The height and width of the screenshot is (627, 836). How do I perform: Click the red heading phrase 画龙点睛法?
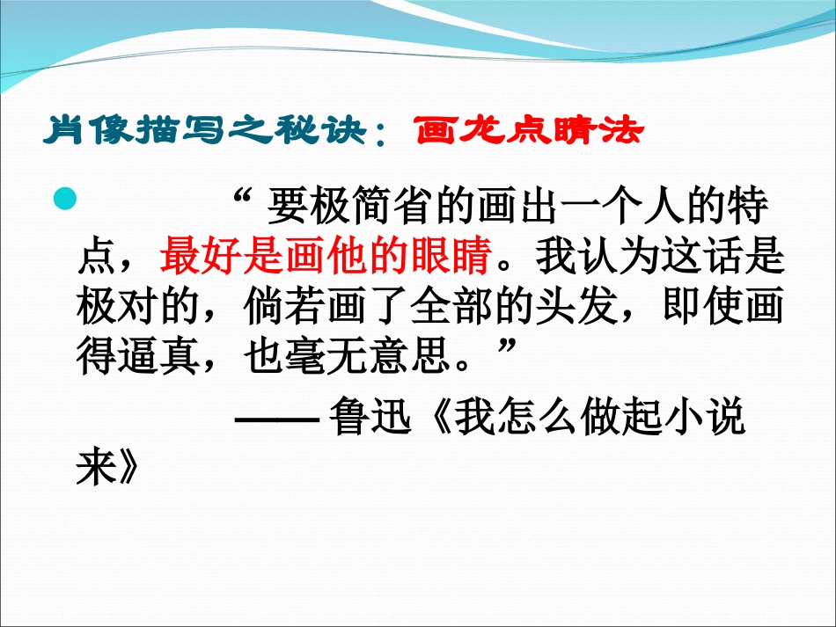coord(531,132)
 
